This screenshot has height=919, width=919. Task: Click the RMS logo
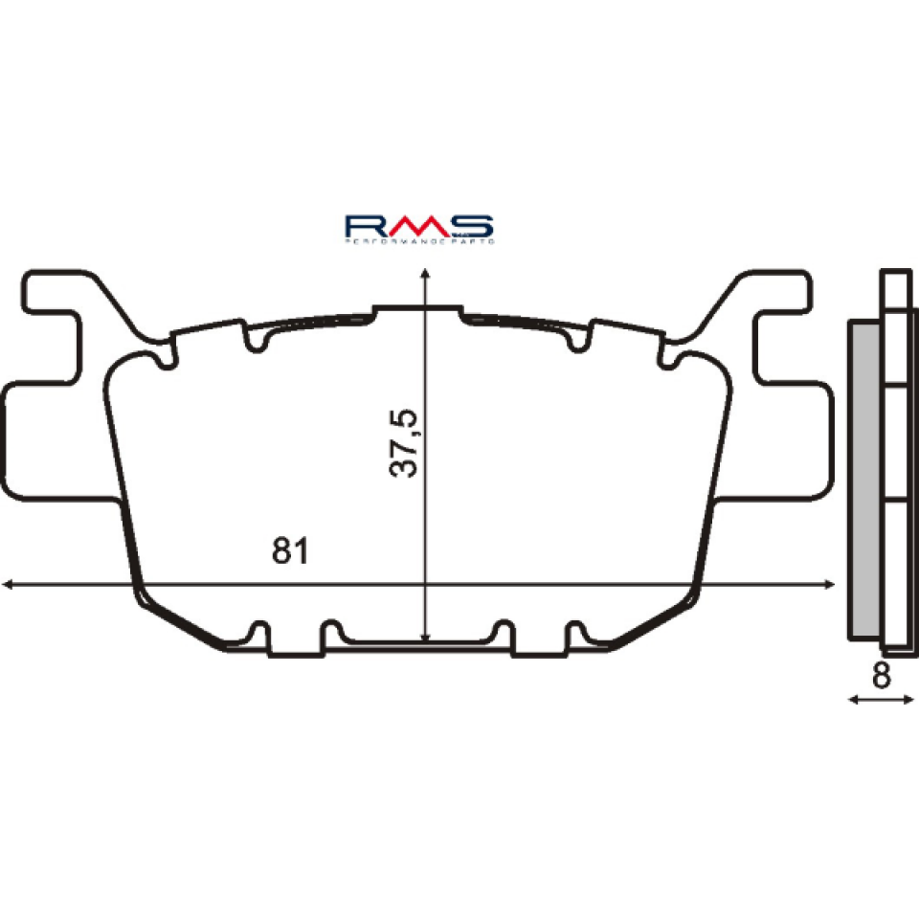point(418,226)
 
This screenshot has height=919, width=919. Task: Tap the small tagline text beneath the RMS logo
point(418,245)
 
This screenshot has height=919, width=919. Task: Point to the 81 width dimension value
point(290,551)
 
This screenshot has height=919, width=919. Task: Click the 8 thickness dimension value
point(882,675)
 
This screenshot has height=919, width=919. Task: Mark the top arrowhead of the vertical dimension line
point(425,276)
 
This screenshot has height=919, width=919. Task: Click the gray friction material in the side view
point(864,479)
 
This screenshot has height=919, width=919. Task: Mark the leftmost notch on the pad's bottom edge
point(258,635)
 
